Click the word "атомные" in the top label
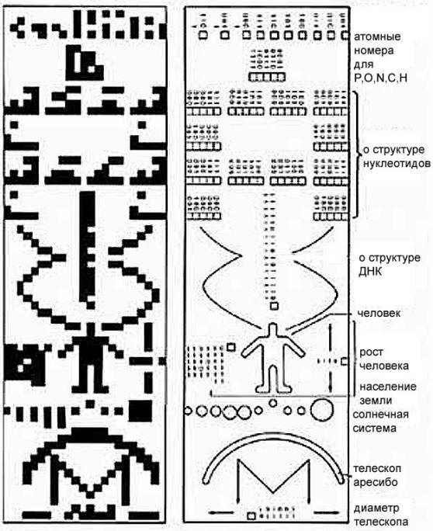pyautogui.click(x=377, y=36)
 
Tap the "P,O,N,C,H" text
pyautogui.click(x=380, y=78)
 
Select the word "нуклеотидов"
pyautogui.click(x=397, y=164)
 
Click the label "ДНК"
pyautogui.click(x=370, y=272)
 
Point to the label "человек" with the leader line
pyautogui.click(x=379, y=314)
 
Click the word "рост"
pyautogui.click(x=372, y=352)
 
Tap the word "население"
pyautogui.click(x=388, y=387)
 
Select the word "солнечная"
pyautogui.click(x=380, y=415)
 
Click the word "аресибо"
pyautogui.click(x=376, y=482)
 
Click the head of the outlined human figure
pyautogui.click(x=273, y=328)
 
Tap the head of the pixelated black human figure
pyautogui.click(x=90, y=329)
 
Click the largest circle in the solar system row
pyautogui.click(x=321, y=410)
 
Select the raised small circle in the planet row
pyautogui.click(x=273, y=403)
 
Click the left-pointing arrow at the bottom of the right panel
pyautogui.click(x=221, y=512)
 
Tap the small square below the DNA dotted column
pyautogui.click(x=274, y=306)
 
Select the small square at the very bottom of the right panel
pyautogui.click(x=251, y=516)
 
